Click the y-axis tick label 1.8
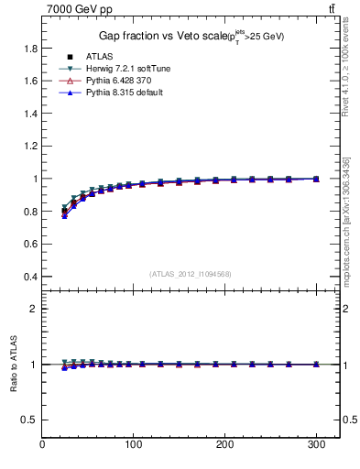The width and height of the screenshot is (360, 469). (30, 49)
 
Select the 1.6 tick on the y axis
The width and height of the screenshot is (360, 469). (30, 82)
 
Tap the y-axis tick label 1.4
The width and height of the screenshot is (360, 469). (30, 115)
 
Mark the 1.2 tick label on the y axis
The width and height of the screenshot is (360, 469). (30, 147)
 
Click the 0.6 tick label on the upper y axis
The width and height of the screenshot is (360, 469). (30, 245)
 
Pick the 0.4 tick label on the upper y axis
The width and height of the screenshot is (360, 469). (30, 277)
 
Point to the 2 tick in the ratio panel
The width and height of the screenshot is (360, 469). (34, 309)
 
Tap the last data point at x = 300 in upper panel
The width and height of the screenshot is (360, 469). (316, 179)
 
